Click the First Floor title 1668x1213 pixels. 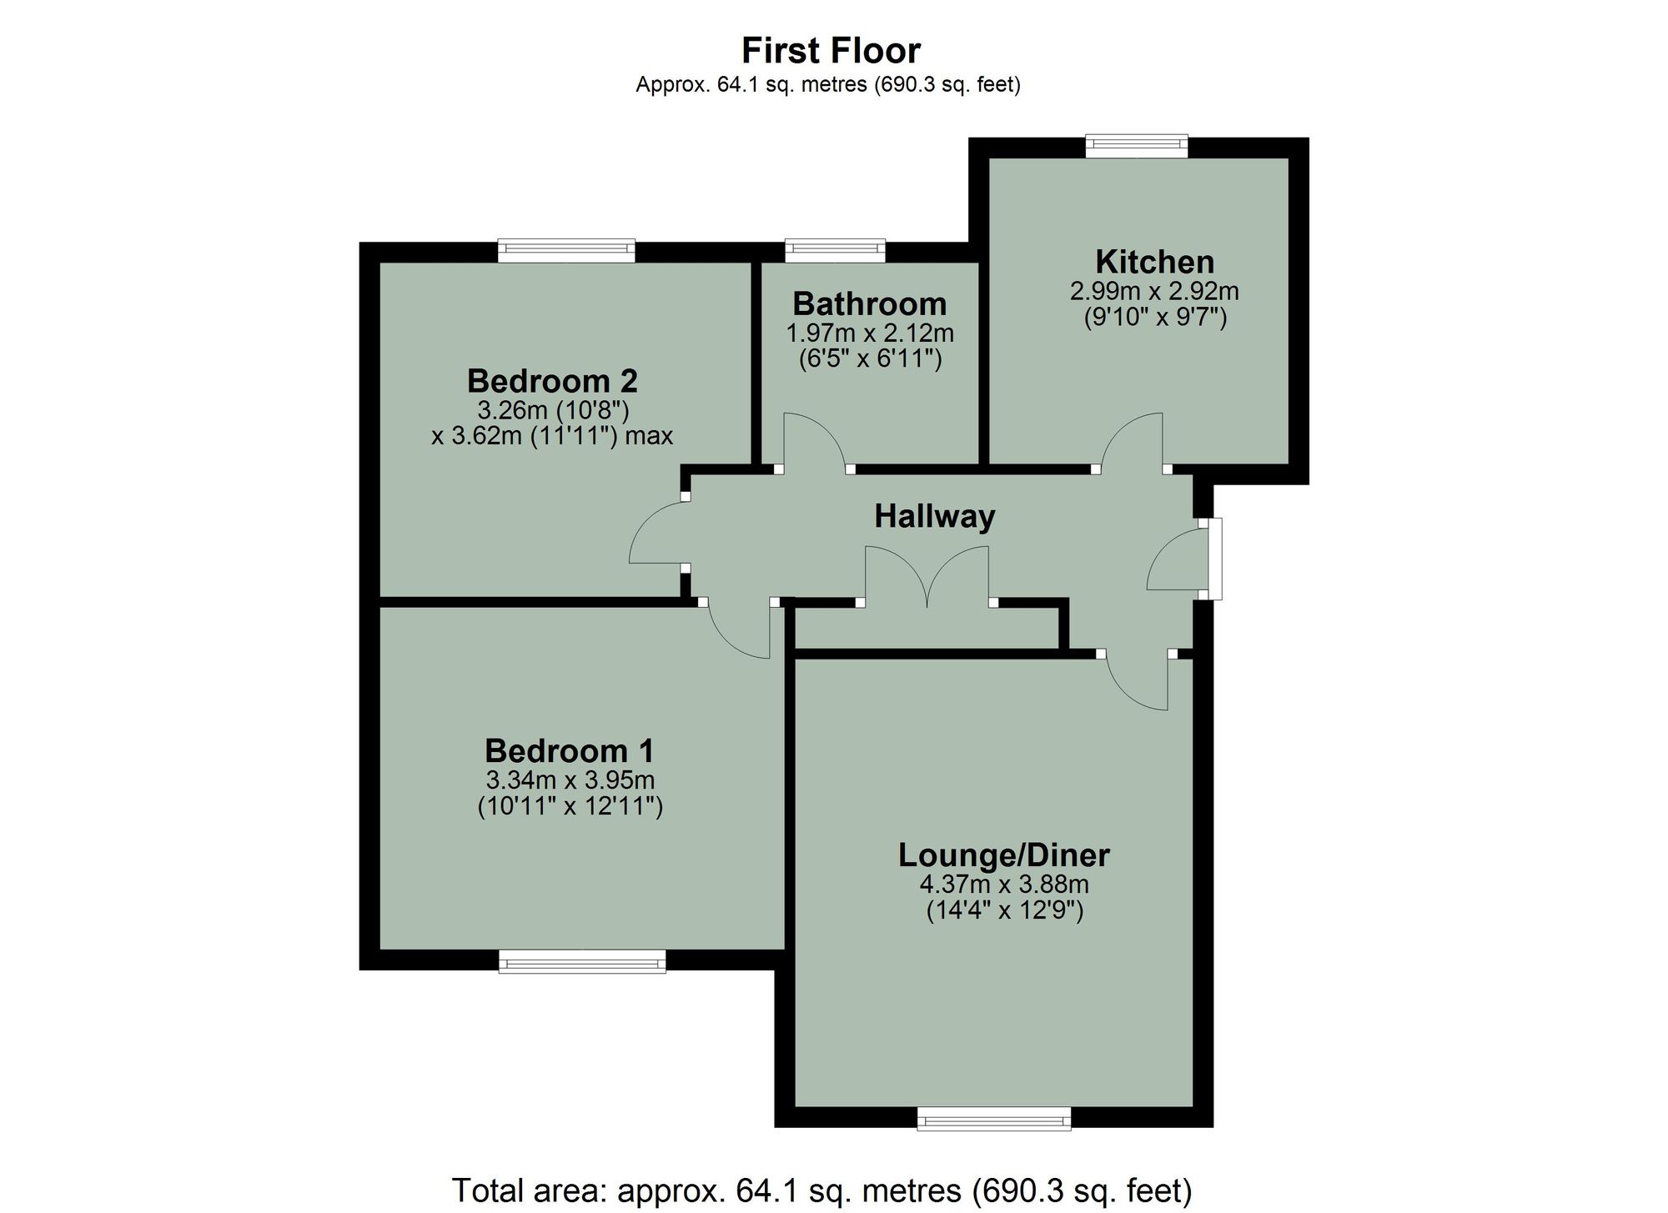831,51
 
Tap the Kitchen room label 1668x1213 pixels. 1154,262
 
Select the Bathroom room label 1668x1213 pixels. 869,303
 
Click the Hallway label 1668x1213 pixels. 934,516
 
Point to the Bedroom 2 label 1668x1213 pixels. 552,381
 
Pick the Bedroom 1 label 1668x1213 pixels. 570,751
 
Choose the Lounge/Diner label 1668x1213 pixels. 1004,855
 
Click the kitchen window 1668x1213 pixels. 1137,146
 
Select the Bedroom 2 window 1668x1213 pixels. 566,250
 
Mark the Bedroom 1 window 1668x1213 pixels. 582,962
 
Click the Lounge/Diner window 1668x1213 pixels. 993,1119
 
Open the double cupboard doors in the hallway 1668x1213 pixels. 927,575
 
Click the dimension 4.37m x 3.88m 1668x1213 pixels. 1004,884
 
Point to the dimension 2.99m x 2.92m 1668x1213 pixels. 1154,291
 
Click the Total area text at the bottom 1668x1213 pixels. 821,1190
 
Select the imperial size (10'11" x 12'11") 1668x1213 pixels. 570,807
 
